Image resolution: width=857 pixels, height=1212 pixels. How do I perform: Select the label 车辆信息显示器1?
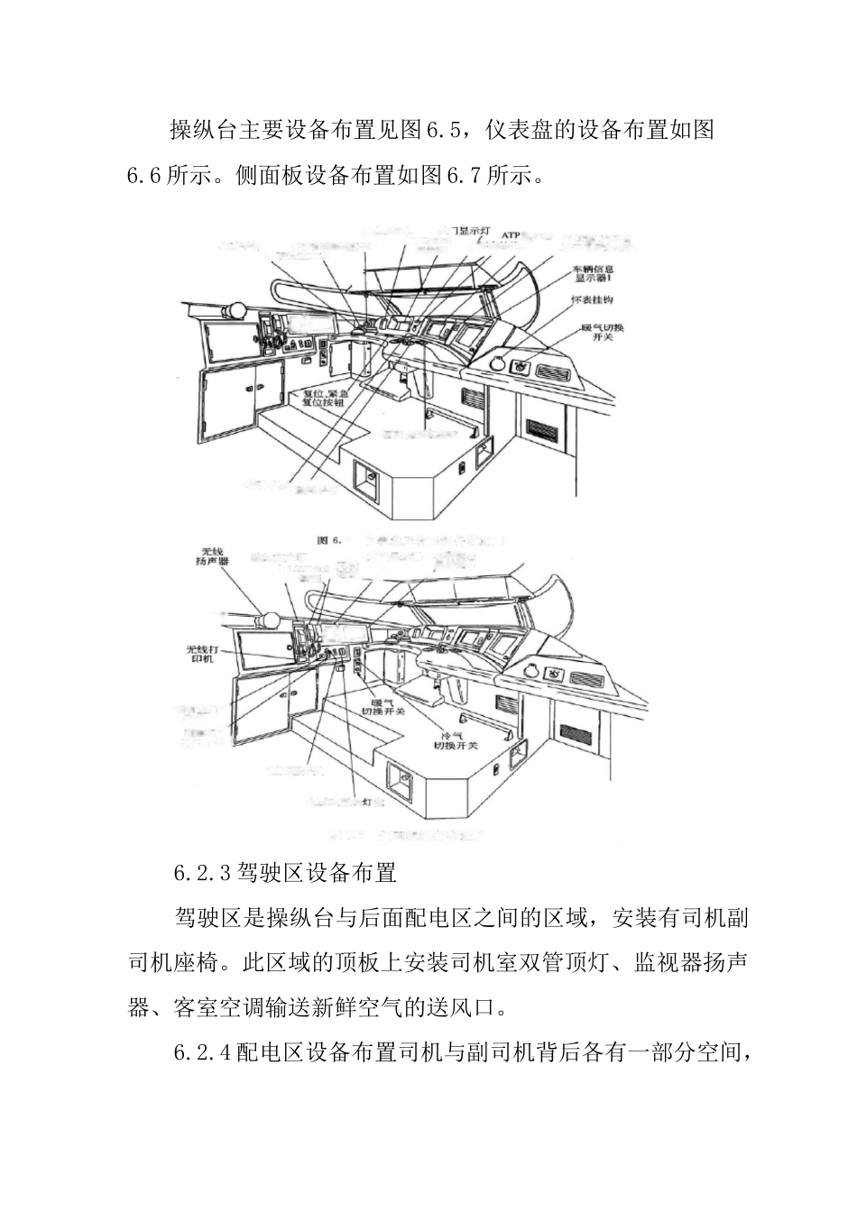click(594, 274)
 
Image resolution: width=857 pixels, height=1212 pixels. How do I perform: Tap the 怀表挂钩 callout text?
click(593, 299)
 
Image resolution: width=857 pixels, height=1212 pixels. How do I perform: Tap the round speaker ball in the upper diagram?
click(235, 310)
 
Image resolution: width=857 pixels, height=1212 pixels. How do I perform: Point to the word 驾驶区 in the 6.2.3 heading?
click(271, 873)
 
